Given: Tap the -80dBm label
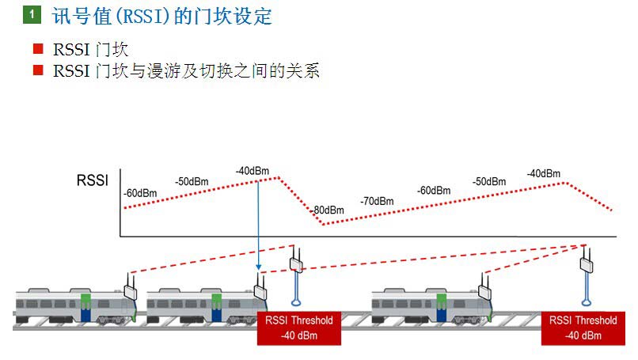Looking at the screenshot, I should point(328,210).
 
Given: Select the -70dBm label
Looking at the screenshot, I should point(377,201).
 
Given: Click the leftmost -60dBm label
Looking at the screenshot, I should point(140,193).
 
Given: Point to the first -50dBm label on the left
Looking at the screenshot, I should point(192,181).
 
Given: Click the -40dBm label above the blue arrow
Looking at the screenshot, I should point(252,171).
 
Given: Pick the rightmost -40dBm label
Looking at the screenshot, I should point(544,173).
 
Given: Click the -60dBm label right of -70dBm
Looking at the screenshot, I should point(434,191).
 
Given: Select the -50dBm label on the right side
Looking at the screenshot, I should point(489,182).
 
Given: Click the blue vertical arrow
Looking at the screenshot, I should point(259,229).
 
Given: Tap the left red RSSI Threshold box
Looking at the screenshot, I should point(298,328).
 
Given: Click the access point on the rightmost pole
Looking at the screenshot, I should point(587,264).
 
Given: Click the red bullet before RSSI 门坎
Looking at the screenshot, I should point(37,49).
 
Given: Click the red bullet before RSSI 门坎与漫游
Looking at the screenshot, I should point(37,70).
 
